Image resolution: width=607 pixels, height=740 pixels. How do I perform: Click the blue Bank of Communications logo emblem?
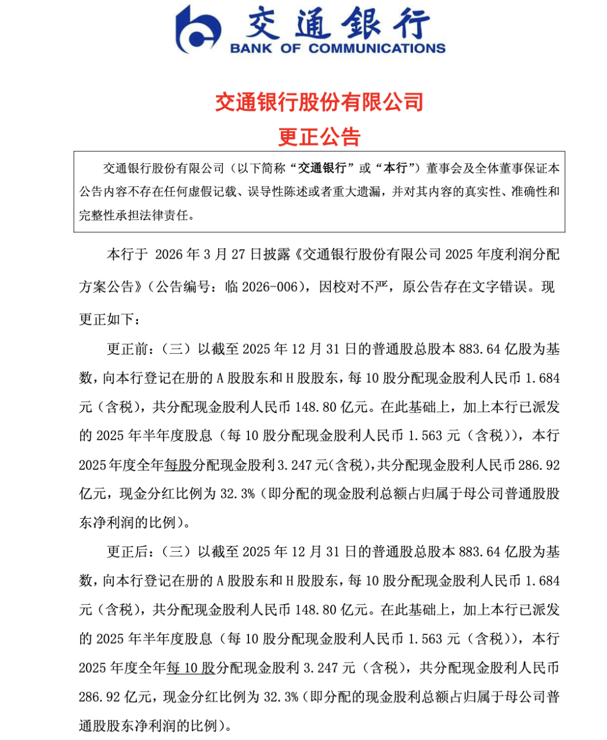[199, 29]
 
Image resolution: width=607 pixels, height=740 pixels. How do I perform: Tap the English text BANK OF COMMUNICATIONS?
[337, 48]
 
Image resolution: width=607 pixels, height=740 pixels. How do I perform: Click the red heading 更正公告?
[320, 137]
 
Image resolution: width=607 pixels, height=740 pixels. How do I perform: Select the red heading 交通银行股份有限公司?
[319, 103]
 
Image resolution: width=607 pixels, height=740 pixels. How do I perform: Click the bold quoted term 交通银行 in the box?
[322, 169]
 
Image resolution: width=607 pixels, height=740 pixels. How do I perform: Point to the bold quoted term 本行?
[395, 169]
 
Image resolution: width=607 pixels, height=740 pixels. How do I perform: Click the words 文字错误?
[500, 287]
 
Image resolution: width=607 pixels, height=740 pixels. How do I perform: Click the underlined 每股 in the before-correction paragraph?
[178, 465]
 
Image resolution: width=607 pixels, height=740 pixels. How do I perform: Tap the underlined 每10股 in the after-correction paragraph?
[191, 668]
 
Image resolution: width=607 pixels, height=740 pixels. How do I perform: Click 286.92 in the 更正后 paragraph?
[97, 697]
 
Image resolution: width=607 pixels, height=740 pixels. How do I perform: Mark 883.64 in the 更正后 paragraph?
[480, 552]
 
